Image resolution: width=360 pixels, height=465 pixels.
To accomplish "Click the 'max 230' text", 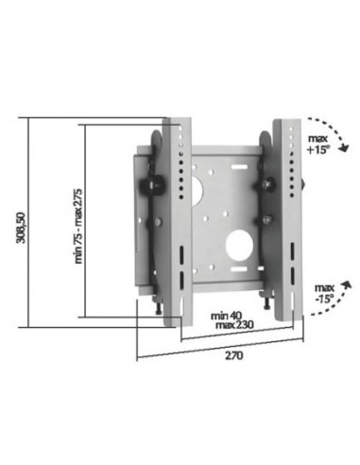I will click(x=227, y=325).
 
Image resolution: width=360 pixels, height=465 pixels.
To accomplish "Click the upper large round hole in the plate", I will click(x=206, y=186).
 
